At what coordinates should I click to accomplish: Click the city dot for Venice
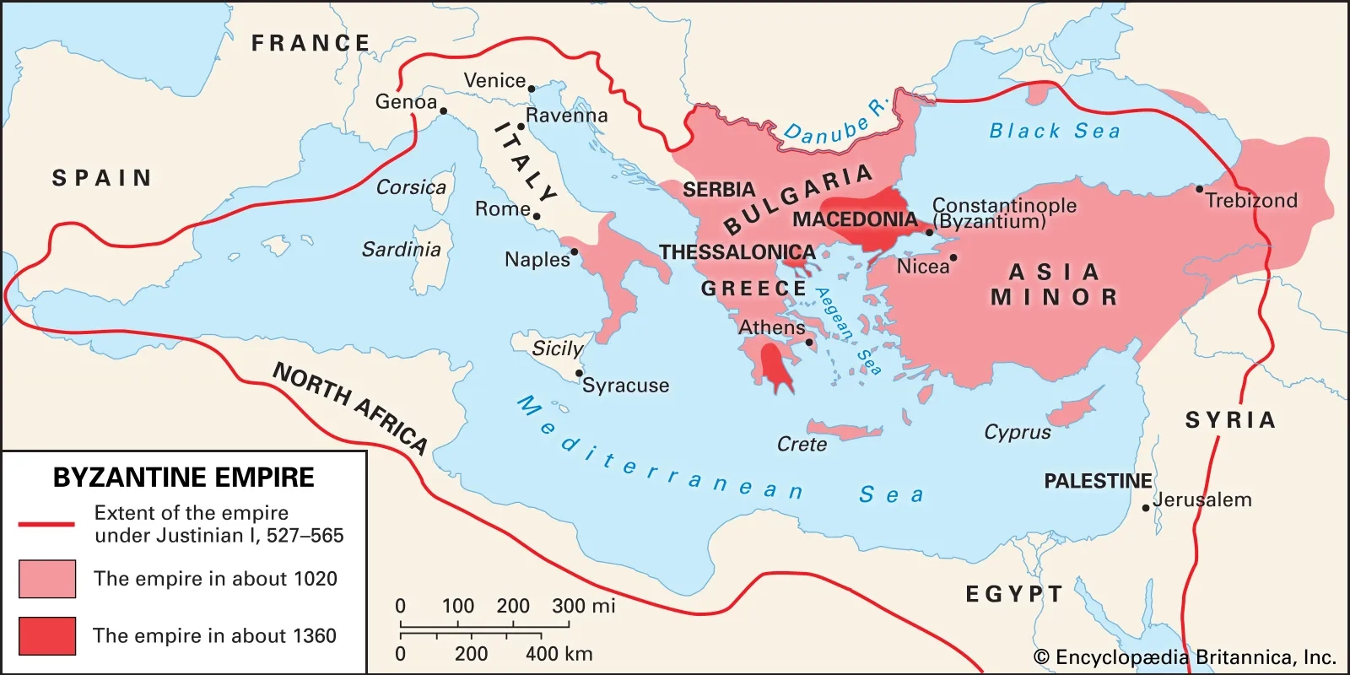pos(532,89)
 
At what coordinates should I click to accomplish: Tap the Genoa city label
pos(406,102)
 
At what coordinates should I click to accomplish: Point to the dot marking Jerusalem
pos(1146,508)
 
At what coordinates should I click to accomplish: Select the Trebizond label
pos(1250,201)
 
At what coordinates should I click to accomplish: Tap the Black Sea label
pos(1055,131)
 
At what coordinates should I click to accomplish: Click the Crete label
pos(802,445)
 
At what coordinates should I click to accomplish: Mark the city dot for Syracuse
pos(579,373)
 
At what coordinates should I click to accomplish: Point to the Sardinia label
pos(402,250)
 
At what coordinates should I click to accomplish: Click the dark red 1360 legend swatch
pos(47,635)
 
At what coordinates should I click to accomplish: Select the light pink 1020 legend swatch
pos(47,579)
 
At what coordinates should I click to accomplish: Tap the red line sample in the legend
pos(47,524)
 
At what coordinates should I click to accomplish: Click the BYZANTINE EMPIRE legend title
pos(183,478)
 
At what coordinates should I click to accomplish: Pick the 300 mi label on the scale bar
pos(583,606)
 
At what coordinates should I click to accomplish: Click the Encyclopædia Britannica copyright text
pos(1185,657)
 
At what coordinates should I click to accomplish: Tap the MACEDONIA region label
pos(854,220)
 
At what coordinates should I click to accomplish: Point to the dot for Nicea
pos(953,258)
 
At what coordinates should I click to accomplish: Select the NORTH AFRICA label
pos(350,408)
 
